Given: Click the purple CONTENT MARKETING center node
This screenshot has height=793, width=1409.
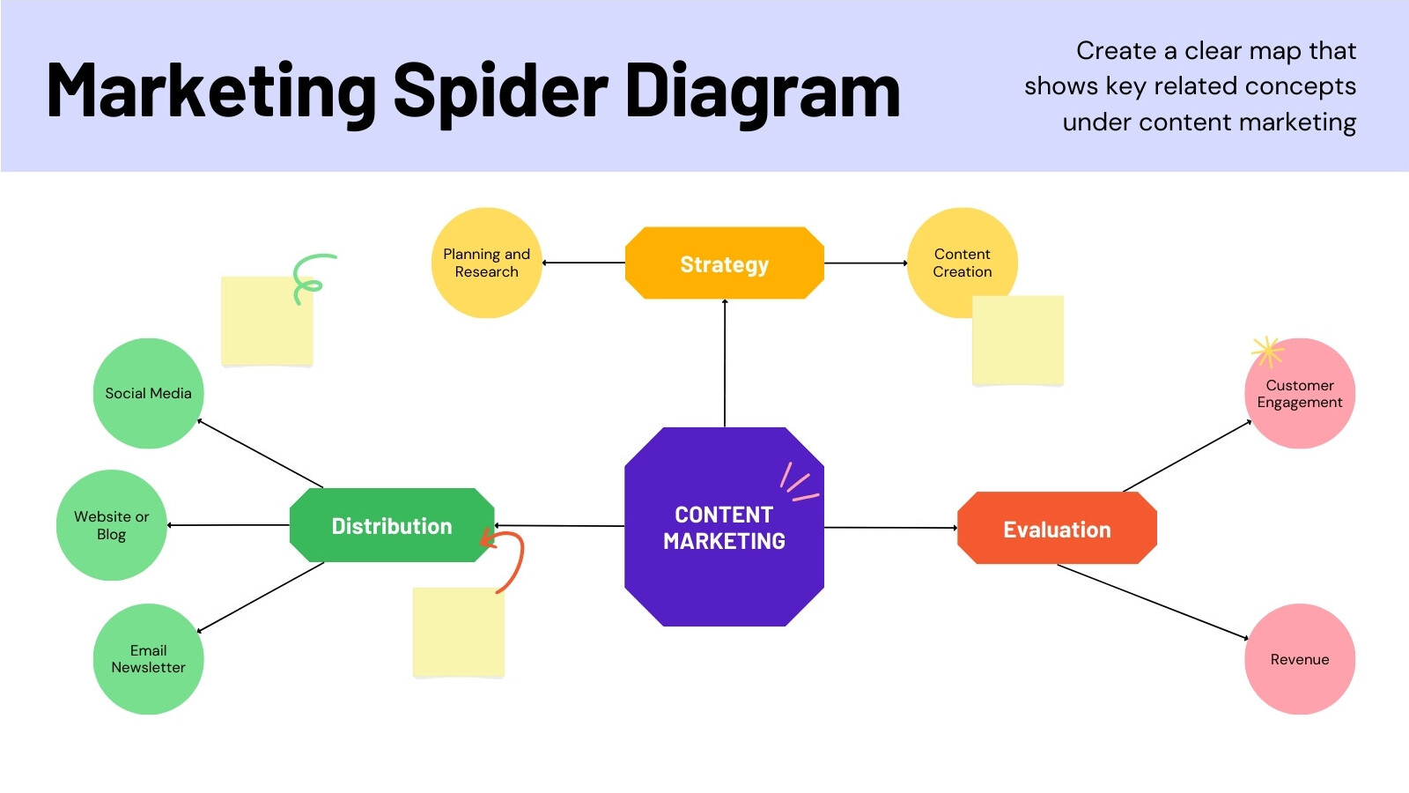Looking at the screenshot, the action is click(724, 527).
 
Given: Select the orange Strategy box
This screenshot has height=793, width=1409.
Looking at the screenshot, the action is click(725, 263).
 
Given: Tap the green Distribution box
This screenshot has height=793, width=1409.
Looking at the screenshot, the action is click(392, 525).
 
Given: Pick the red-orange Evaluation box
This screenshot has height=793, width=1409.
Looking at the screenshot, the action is click(1057, 528).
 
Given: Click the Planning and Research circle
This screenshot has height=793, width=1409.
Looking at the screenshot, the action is click(486, 263).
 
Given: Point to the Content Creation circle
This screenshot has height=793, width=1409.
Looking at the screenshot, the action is click(963, 263).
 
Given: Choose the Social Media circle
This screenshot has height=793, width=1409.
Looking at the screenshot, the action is click(149, 393).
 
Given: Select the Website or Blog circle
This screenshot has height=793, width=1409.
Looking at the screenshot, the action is click(111, 525).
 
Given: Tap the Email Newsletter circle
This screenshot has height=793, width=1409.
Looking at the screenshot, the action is click(149, 659).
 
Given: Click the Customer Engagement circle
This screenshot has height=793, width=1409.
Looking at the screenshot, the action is click(1300, 393).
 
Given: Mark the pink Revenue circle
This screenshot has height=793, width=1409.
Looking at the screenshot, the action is click(1300, 659).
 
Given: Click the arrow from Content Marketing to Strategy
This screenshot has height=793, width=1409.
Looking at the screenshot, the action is click(725, 363).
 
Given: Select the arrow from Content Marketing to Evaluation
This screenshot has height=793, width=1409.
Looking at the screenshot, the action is click(890, 528).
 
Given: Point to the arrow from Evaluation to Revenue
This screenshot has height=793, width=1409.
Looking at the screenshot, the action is click(1153, 602).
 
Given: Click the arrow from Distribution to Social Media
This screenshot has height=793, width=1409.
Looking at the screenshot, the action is click(260, 453).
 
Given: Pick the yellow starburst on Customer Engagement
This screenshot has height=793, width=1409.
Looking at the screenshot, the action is click(1267, 352).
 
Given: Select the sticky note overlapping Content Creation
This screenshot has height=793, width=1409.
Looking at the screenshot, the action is click(1018, 340).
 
